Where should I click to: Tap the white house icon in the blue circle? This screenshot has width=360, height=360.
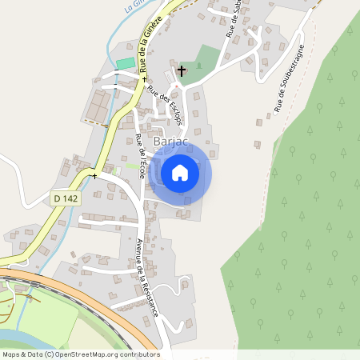180,172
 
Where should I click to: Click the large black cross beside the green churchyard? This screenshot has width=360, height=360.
181,71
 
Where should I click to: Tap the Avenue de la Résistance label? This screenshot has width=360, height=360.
146,276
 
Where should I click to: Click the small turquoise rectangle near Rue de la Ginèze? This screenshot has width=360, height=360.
125,63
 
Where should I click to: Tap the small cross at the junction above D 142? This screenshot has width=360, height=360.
94,175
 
